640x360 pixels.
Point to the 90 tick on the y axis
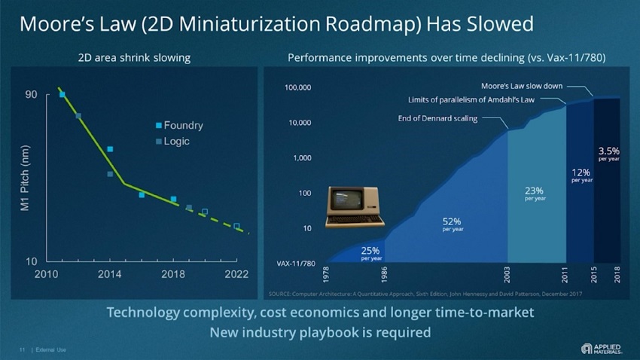click(x=30, y=94)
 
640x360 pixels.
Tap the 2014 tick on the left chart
click(x=110, y=273)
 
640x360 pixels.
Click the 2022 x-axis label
click(x=236, y=273)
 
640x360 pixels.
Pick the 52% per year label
click(x=452, y=224)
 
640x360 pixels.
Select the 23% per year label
click(x=535, y=194)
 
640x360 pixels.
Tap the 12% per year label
click(x=581, y=175)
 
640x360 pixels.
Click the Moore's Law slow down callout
click(x=522, y=85)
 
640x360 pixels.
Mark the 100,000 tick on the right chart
click(x=298, y=88)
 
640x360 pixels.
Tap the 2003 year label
click(x=507, y=273)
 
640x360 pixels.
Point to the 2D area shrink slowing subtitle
click(x=134, y=58)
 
